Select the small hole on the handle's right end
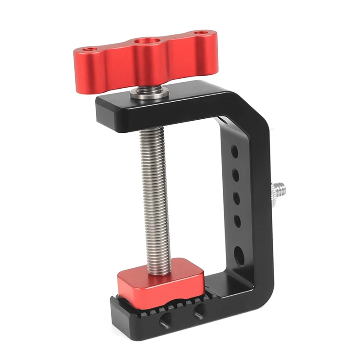199,33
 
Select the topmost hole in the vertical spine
235,150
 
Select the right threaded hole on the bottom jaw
199,310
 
